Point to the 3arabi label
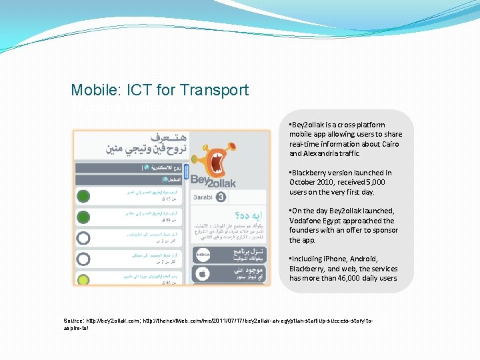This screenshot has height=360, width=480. pos(202,197)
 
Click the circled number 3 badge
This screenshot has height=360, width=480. pos(221,197)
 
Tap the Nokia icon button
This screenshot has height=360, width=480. pos(201,253)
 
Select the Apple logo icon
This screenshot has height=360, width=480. pos(201,273)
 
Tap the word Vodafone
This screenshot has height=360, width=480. pos(306,221)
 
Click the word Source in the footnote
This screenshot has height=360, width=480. pos(73,321)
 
